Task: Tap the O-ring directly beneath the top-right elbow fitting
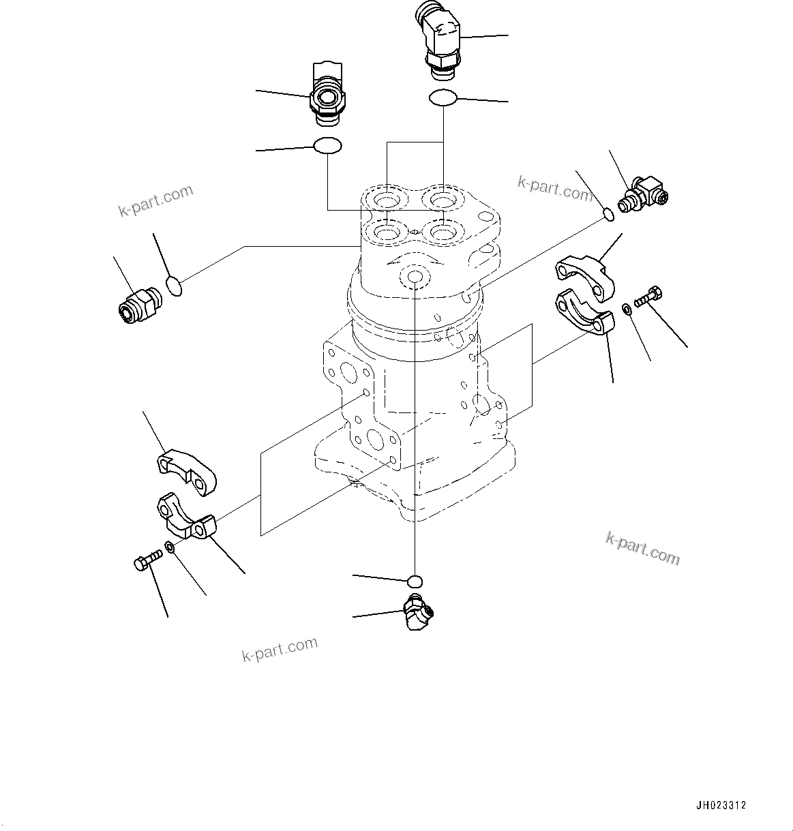point(443,98)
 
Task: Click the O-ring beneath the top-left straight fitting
point(327,145)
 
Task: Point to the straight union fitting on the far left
point(138,305)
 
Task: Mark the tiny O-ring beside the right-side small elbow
point(610,215)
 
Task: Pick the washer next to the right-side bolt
point(626,310)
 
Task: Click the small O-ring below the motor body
point(415,581)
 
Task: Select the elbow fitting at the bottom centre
point(415,611)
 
